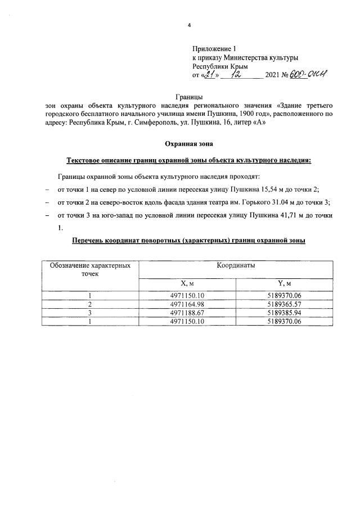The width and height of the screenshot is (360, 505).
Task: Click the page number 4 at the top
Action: pyautogui.click(x=189, y=25)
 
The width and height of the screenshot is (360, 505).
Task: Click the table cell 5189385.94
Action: pyautogui.click(x=284, y=313)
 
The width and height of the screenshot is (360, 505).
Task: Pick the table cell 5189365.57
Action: pyautogui.click(x=284, y=304)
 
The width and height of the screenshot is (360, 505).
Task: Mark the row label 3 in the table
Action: pyautogui.click(x=89, y=313)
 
